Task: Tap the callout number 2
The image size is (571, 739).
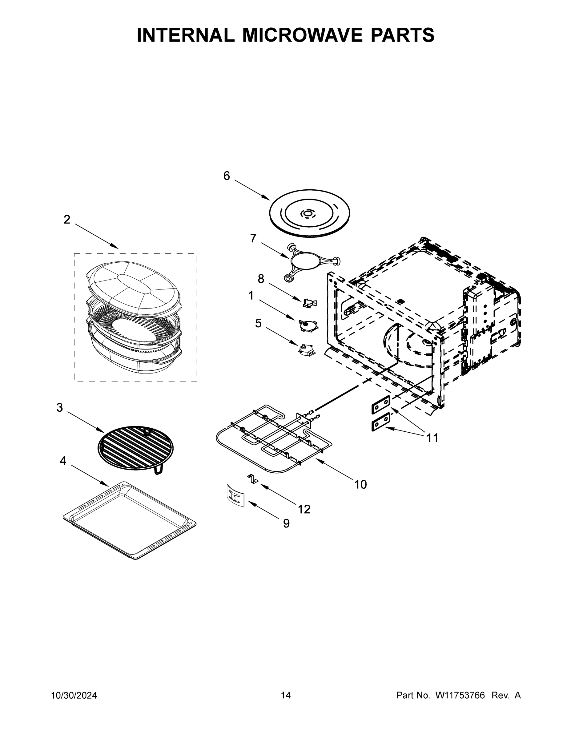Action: (67, 220)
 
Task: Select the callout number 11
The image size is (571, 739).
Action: (432, 438)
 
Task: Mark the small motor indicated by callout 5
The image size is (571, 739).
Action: (307, 349)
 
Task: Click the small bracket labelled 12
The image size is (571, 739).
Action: (252, 479)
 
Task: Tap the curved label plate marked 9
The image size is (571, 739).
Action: (235, 496)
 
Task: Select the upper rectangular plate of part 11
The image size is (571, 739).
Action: (381, 405)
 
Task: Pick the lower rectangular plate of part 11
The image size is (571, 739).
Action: (381, 423)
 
